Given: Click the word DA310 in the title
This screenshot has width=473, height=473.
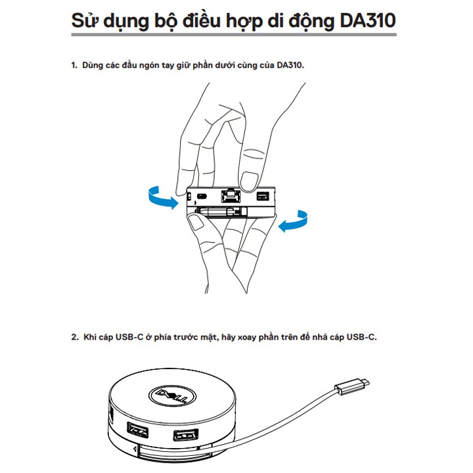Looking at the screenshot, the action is [368, 21].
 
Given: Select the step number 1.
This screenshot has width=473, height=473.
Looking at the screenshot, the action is [74, 65].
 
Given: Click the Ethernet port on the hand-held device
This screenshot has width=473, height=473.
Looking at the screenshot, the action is [231, 196].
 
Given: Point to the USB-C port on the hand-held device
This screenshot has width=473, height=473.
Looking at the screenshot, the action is [202, 196].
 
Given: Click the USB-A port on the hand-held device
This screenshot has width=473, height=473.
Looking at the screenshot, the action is [262, 196].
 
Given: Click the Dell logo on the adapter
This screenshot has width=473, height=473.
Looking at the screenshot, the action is [172, 395].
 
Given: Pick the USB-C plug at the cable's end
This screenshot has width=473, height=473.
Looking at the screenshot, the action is [352, 386].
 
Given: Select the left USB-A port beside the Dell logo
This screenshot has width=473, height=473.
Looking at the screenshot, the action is [137, 430].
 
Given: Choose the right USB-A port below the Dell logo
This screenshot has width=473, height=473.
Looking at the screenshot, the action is [185, 435].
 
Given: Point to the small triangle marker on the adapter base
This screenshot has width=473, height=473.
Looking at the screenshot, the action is [134, 450].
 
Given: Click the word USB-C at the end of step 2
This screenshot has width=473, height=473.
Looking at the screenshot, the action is [361, 337].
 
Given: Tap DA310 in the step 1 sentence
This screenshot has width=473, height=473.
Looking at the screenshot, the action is [290, 65].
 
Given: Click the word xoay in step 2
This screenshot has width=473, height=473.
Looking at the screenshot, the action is [247, 337].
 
